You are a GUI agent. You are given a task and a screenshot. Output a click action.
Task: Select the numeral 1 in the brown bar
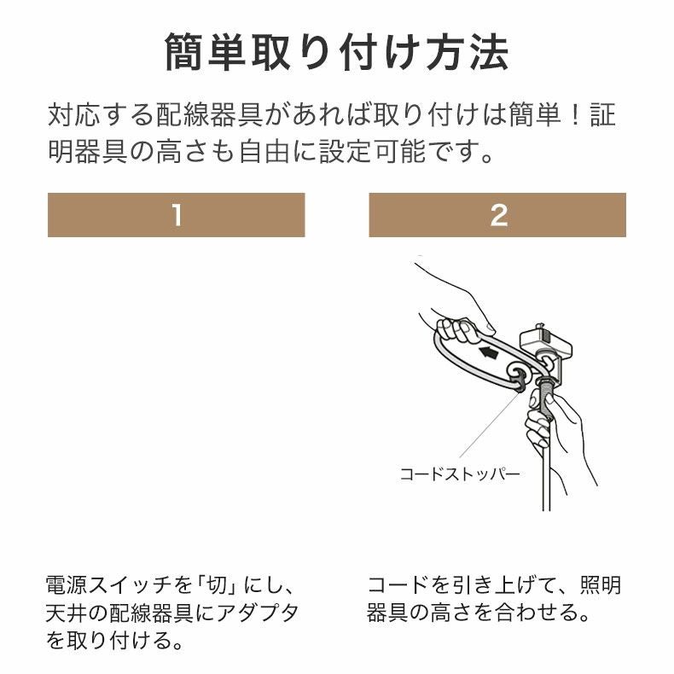pos(176,215)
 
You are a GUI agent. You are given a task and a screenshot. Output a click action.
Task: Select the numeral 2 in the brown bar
pos(498,215)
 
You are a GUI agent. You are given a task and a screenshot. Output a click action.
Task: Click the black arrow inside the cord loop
pos(488,351)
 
